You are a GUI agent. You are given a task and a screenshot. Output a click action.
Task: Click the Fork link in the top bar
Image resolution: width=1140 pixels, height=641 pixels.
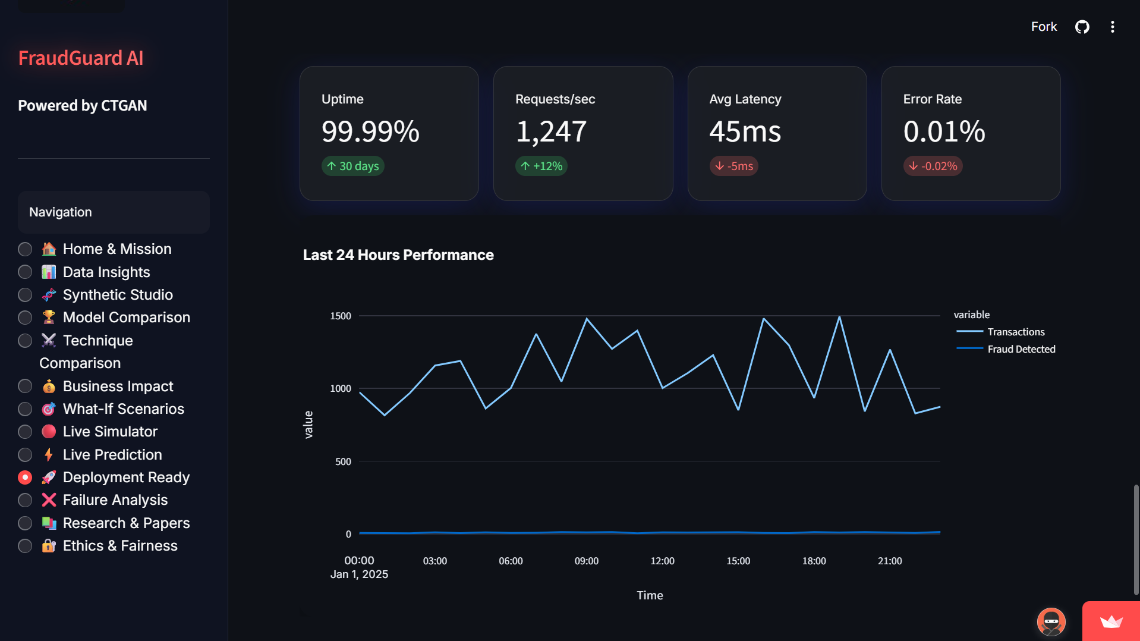1044,27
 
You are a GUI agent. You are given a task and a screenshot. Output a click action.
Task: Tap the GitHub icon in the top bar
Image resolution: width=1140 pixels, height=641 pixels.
1082,27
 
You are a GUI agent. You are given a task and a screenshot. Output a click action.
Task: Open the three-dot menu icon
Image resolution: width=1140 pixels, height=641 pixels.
1112,27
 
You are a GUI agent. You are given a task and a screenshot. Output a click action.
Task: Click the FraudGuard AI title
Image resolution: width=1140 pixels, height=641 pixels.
81,58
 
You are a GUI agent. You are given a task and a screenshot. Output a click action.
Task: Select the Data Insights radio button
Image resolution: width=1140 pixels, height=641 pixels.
25,272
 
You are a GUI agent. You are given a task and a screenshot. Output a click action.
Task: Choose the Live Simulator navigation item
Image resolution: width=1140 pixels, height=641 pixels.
110,432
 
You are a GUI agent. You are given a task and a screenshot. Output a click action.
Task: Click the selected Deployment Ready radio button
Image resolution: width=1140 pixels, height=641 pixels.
25,477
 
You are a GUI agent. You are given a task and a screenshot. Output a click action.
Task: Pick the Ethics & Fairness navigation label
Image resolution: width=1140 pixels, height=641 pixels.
120,546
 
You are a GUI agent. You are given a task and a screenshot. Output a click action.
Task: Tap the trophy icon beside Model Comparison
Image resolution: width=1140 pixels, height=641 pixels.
49,318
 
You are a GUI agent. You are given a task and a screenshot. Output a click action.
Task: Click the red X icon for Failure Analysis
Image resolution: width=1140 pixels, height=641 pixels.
49,500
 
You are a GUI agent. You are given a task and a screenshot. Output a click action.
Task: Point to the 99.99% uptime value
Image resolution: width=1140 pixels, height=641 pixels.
370,131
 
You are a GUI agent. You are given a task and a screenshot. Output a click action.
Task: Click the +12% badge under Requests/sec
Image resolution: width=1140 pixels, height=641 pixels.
541,166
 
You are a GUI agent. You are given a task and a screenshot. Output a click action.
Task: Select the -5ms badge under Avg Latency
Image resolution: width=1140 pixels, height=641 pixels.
733,166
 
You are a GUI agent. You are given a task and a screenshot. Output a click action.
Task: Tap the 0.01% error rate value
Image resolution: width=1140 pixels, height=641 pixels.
944,131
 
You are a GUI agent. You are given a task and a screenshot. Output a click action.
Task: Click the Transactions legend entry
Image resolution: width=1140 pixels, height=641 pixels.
1015,332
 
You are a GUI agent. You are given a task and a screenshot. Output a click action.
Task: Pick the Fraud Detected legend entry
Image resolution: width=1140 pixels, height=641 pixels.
1021,349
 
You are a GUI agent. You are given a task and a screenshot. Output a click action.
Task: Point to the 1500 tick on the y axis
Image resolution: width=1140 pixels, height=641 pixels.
341,316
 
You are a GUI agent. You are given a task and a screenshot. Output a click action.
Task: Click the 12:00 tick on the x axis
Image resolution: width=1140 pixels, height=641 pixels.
662,561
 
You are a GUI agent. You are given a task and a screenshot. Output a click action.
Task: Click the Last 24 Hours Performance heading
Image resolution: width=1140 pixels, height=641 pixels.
398,255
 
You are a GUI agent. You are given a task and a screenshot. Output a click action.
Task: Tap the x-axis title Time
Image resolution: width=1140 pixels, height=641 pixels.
650,595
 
